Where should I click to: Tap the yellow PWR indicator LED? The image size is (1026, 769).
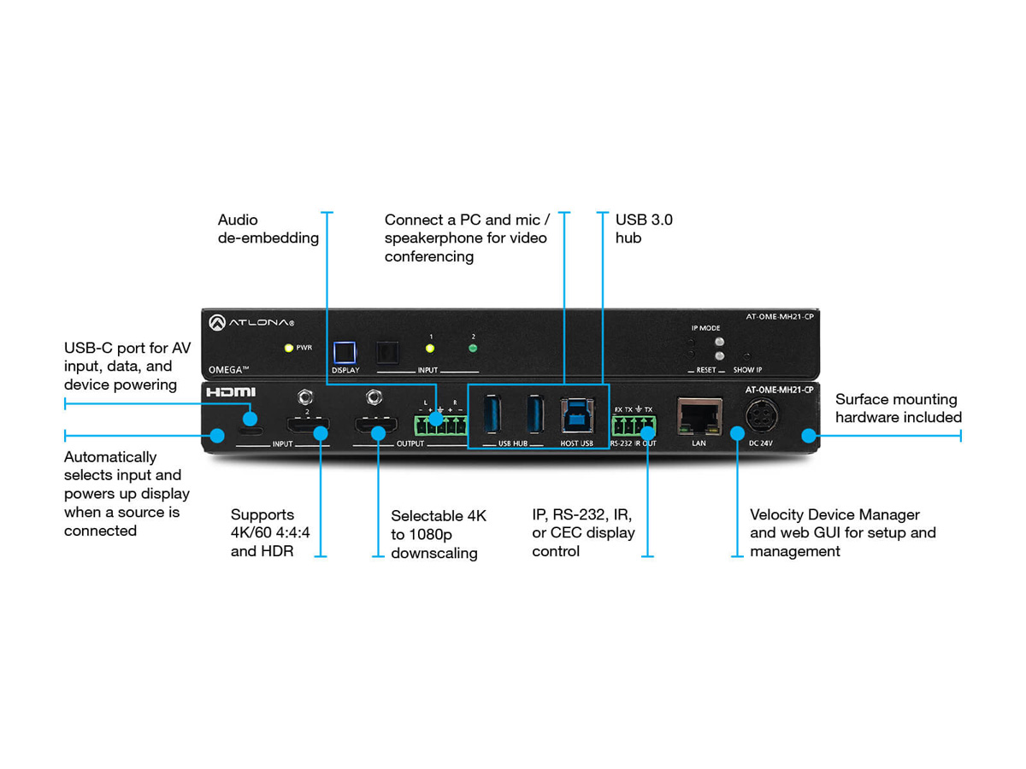(289, 348)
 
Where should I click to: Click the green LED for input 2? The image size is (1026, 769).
(472, 348)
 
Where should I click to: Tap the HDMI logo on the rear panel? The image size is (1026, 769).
(231, 392)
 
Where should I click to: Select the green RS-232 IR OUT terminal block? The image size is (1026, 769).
(633, 426)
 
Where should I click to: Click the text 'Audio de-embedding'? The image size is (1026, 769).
(268, 229)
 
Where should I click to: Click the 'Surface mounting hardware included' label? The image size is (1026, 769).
(898, 408)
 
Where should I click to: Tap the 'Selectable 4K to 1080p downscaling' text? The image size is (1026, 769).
(439, 534)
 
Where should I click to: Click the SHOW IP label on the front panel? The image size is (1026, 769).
(747, 370)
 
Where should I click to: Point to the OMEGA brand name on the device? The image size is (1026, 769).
(229, 369)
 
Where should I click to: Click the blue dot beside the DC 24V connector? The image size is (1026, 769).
(734, 436)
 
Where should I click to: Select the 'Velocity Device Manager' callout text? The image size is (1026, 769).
(842, 532)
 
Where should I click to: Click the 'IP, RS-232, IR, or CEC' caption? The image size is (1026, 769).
(583, 532)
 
